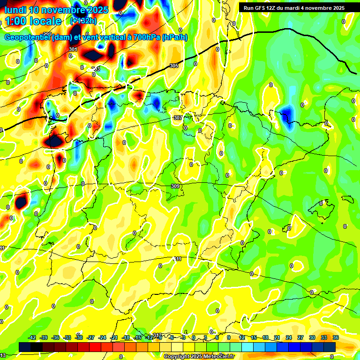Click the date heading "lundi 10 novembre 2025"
point(56,10)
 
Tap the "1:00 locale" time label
point(33,21)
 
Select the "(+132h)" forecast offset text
point(83,21)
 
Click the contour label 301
point(73,49)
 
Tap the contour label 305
point(174,66)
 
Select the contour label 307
point(178,118)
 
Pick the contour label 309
point(175,186)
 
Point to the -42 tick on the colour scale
point(32,337)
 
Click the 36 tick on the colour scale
point(336,337)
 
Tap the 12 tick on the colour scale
point(242,337)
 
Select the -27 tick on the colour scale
point(91,337)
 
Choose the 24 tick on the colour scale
point(289,337)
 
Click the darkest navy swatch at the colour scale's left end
point(25,346)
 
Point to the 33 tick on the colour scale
point(324,337)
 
